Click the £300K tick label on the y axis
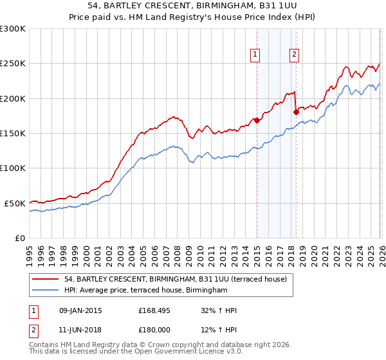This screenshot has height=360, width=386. (13, 29)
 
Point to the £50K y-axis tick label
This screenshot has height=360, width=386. (15, 203)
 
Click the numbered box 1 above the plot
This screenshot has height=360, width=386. (256, 55)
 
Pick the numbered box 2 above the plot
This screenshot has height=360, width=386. (294, 55)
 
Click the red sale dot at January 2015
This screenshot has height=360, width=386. (257, 120)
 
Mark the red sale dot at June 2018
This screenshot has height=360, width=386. (296, 112)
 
